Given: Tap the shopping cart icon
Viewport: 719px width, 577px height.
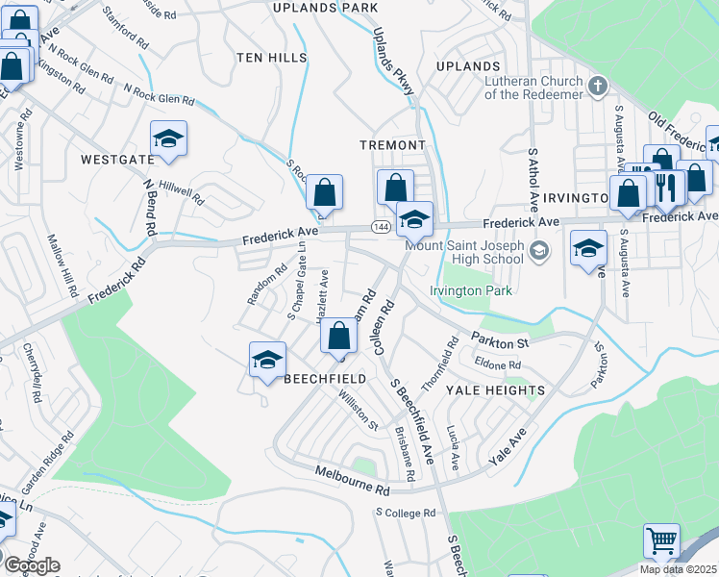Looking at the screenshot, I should [661, 541].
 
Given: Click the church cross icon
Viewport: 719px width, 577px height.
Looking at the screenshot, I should [598, 87].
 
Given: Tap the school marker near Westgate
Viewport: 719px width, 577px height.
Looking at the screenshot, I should [168, 139].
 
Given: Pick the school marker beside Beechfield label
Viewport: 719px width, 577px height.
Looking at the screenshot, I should [267, 361].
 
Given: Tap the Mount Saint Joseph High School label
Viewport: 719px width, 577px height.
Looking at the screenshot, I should [464, 252].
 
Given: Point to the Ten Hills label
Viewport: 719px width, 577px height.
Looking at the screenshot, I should [272, 58].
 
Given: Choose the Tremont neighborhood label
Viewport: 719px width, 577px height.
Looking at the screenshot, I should [392, 144].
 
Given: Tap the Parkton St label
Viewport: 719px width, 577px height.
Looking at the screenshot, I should [500, 341].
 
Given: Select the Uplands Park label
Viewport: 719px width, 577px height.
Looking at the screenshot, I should [311, 8].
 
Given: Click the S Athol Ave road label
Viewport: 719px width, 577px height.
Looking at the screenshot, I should [534, 180].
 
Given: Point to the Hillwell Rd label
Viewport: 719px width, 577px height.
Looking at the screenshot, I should [182, 192].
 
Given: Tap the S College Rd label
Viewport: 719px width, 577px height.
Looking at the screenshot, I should [407, 514].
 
